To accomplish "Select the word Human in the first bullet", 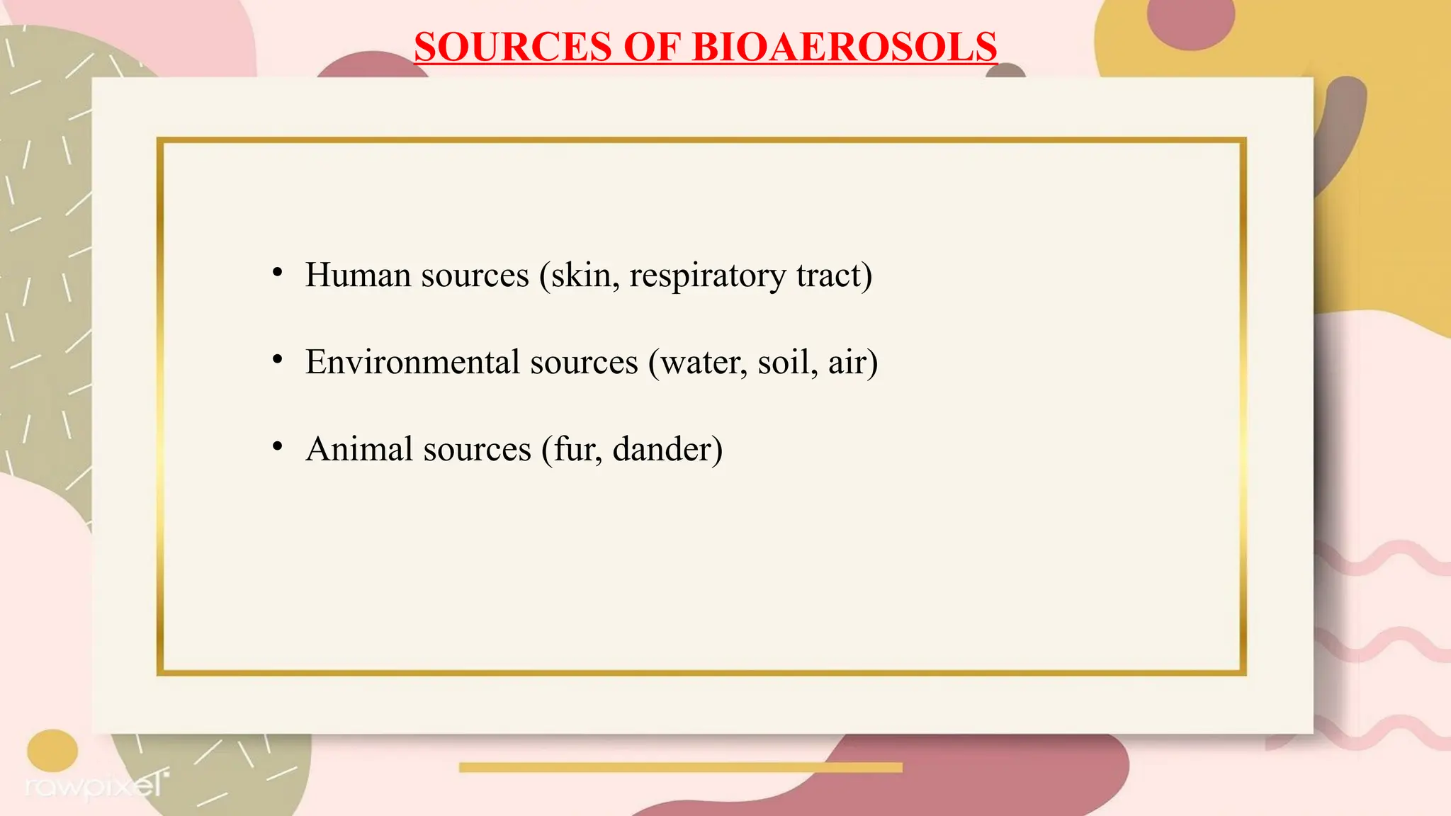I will tap(358, 275).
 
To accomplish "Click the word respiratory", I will tap(707, 276).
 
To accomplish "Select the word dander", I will tap(666, 449).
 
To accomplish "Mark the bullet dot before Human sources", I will tap(278, 273).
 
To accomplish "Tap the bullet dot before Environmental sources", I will tap(278, 360).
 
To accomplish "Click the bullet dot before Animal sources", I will tap(278, 447).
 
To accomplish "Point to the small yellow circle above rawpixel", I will tap(52, 750).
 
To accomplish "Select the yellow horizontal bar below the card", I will tap(680, 767).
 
